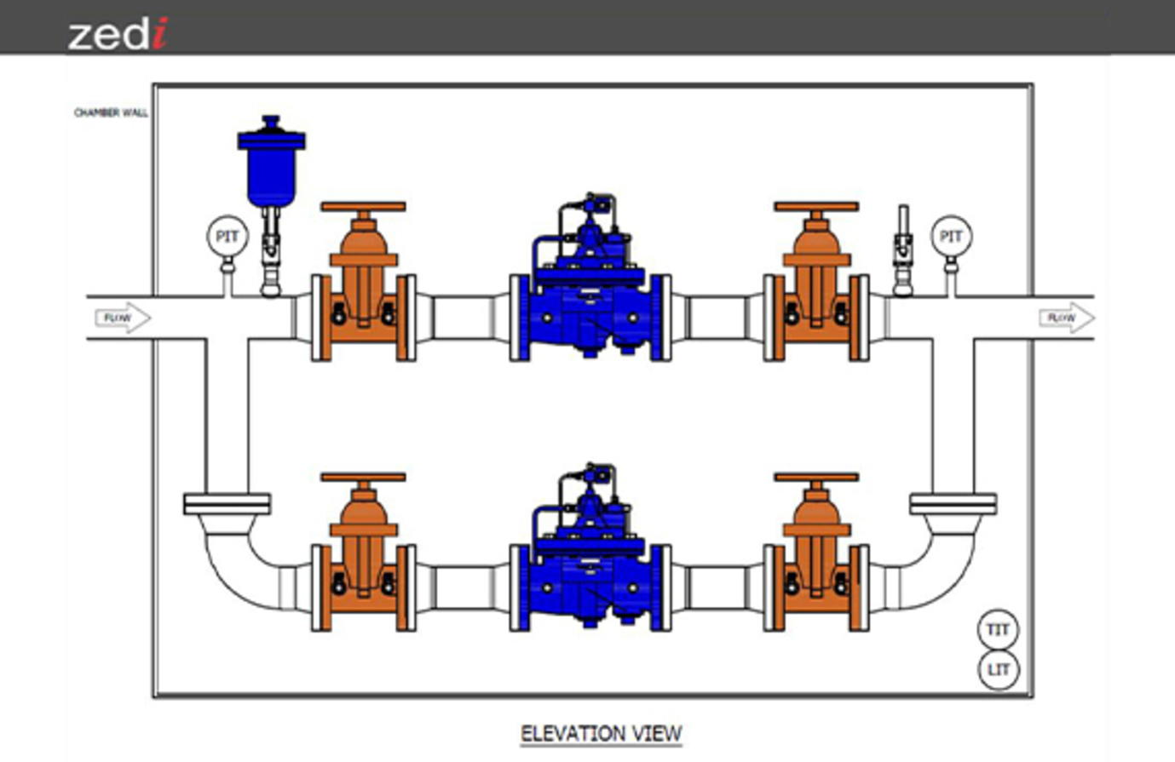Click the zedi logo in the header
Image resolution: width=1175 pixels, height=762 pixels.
pyautogui.click(x=118, y=33)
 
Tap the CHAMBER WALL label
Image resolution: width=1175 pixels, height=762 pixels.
pyautogui.click(x=111, y=112)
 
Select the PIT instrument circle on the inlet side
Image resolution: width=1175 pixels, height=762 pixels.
pyautogui.click(x=228, y=237)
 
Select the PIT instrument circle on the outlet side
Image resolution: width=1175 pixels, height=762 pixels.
pyautogui.click(x=951, y=237)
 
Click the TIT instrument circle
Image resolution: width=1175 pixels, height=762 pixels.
pyautogui.click(x=998, y=629)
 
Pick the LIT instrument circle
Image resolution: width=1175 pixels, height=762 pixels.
pyautogui.click(x=999, y=670)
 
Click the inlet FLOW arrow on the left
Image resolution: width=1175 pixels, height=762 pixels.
pyautogui.click(x=123, y=318)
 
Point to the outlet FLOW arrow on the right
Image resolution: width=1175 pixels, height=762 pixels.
pyautogui.click(x=1067, y=318)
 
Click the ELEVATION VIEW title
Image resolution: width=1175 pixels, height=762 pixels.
pyautogui.click(x=602, y=733)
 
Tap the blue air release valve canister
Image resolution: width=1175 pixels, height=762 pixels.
pyautogui.click(x=271, y=163)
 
